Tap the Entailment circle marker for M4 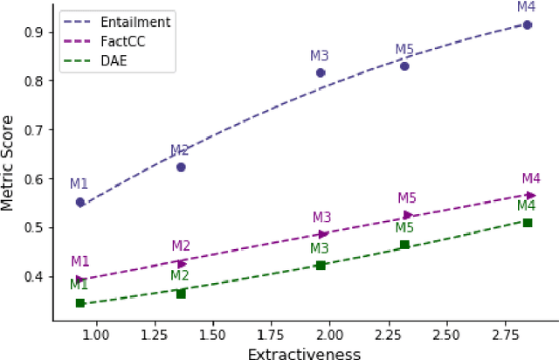point(528,24)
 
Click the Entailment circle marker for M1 point(80,202)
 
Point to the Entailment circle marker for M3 point(321,73)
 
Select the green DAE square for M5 point(404,245)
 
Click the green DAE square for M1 point(80,303)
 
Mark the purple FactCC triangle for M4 point(530,195)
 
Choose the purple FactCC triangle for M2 point(182,263)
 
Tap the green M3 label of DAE point(321,248)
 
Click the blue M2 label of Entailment point(180,150)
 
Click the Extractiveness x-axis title point(304,352)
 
